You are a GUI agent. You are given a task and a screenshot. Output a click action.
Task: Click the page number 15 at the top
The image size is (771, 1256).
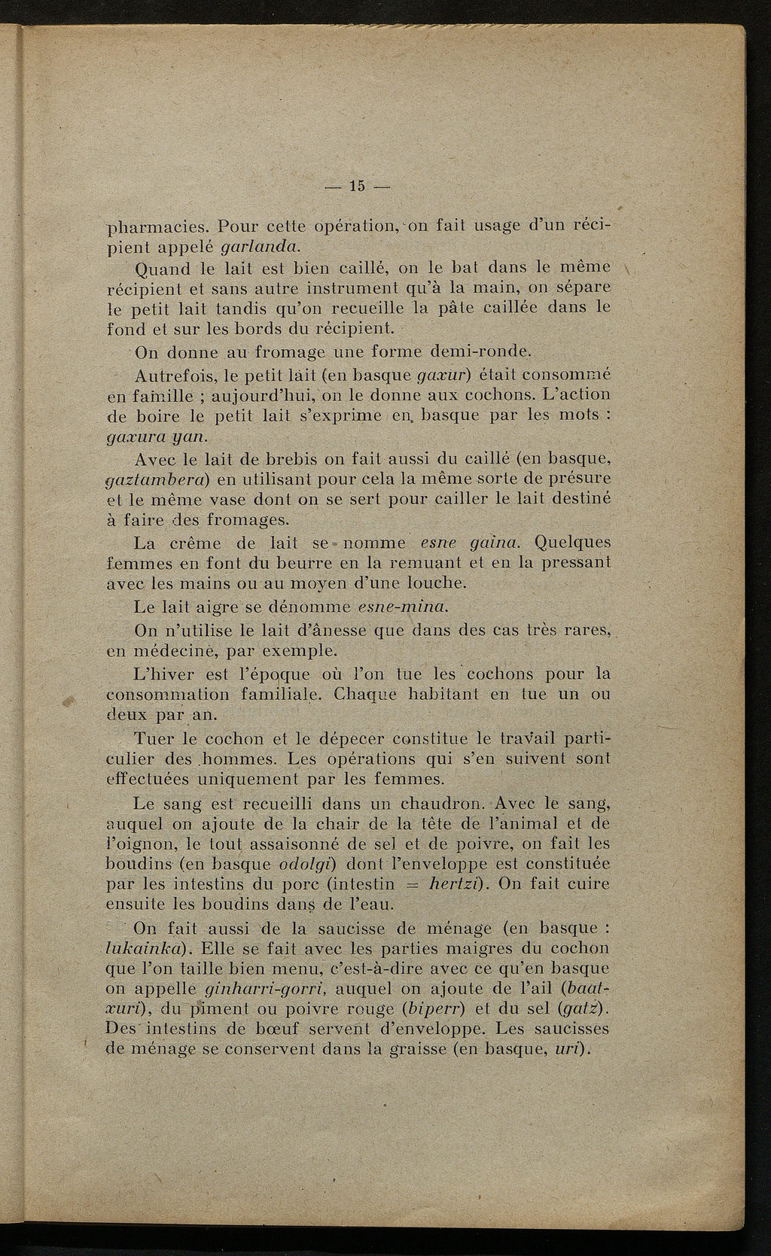click(357, 186)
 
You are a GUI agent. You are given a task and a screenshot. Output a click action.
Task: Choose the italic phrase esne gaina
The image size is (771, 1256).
click(464, 542)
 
